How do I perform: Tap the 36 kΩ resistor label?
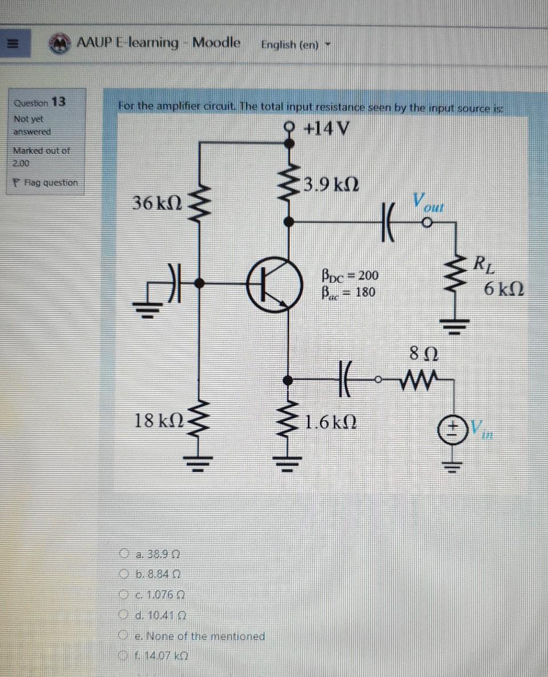(156, 203)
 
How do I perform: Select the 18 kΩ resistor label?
(155, 422)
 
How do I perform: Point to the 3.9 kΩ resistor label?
(331, 185)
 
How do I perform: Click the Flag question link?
(46, 183)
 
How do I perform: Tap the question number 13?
(59, 102)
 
